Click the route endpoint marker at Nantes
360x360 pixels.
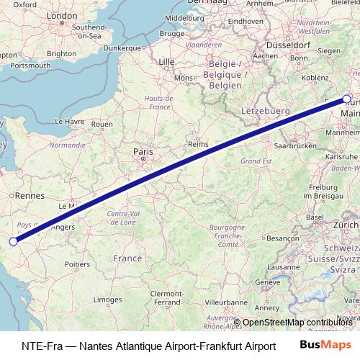tap(13, 241)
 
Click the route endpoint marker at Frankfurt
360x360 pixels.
tap(347, 99)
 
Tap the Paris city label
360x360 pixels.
tap(143, 152)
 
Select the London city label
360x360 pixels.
tap(61, 16)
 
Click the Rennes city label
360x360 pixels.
tap(30, 195)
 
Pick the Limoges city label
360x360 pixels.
tap(107, 299)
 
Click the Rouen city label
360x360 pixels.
tap(103, 124)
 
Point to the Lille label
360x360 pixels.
tap(166, 62)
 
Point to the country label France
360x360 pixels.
tap(127, 258)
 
